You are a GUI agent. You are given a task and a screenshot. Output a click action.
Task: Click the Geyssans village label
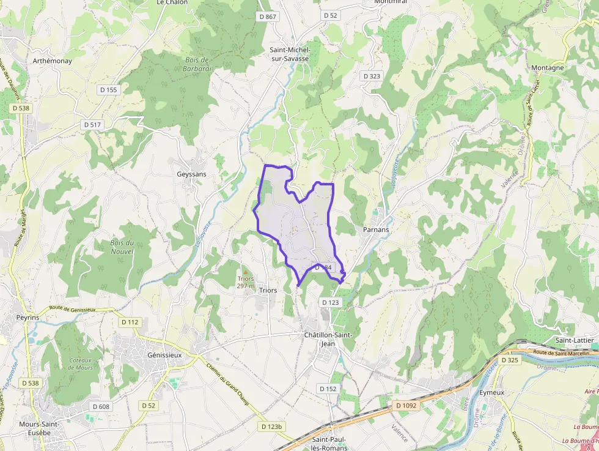pos(191,174)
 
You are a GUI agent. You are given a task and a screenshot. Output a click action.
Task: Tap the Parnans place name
pos(375,229)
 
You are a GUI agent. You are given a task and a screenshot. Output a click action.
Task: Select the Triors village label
pos(268,290)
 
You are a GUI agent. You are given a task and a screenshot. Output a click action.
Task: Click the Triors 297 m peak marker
pos(245,272)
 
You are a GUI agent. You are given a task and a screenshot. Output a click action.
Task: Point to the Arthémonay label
pos(53,61)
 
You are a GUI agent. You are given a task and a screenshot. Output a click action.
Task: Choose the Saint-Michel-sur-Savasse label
pos(290,54)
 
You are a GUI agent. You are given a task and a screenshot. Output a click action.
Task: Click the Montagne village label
pos(547,68)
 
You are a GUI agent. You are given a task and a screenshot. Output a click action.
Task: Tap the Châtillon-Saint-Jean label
pos(328,339)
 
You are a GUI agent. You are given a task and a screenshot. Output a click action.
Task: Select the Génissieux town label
pos(165,355)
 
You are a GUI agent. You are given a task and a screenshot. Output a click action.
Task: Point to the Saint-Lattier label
pos(576,340)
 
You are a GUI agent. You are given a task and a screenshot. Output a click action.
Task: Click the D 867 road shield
pos(268,17)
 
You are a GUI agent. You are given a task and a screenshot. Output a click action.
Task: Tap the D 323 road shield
pos(371,76)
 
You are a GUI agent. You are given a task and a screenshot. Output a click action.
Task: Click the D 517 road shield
pos(92,125)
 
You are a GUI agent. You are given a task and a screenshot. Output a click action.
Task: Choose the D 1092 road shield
pos(406,405)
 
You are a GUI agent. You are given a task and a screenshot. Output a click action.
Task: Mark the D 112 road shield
pos(130,322)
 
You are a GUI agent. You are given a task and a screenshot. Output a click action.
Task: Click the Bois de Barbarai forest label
pos(196,64)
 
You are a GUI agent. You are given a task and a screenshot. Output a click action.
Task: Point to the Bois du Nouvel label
pos(122,247)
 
